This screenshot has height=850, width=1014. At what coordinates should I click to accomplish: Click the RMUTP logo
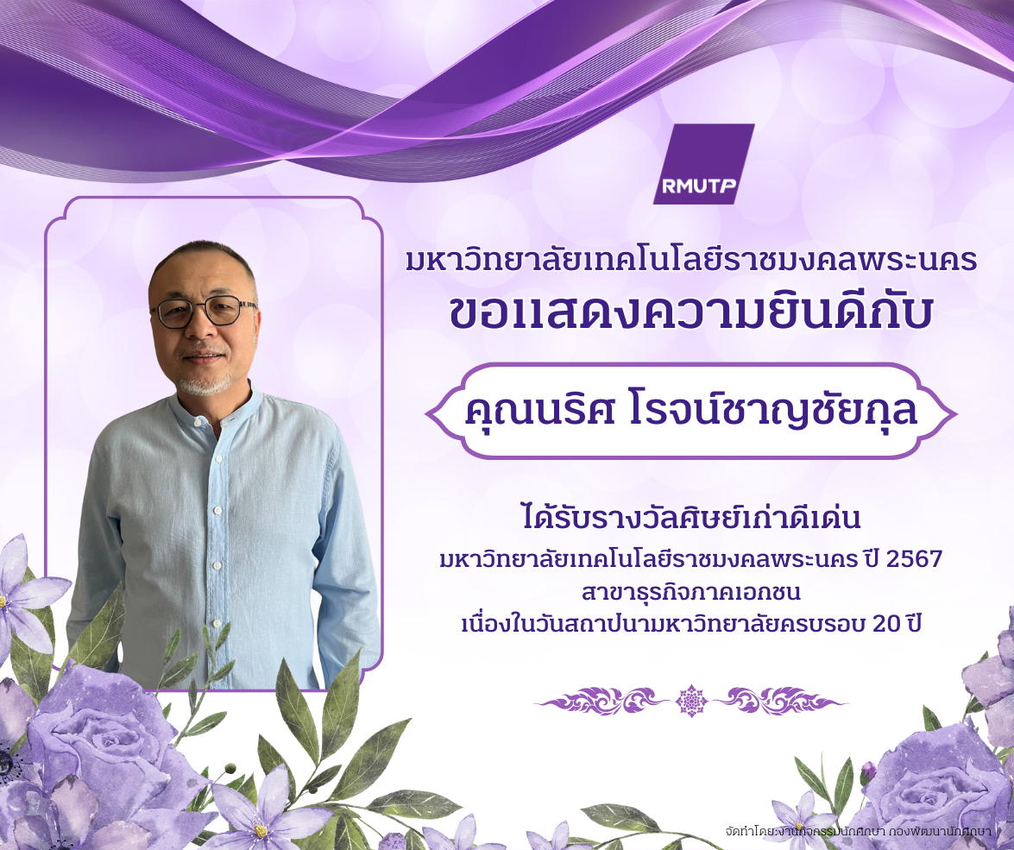tap(703, 164)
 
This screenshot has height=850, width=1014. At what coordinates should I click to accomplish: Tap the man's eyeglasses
tap(204, 311)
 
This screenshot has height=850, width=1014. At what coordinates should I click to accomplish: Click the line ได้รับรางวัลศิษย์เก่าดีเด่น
tap(690, 518)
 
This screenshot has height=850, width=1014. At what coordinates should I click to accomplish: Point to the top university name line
tap(690, 261)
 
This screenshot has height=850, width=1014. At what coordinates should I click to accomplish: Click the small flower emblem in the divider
tap(691, 701)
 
